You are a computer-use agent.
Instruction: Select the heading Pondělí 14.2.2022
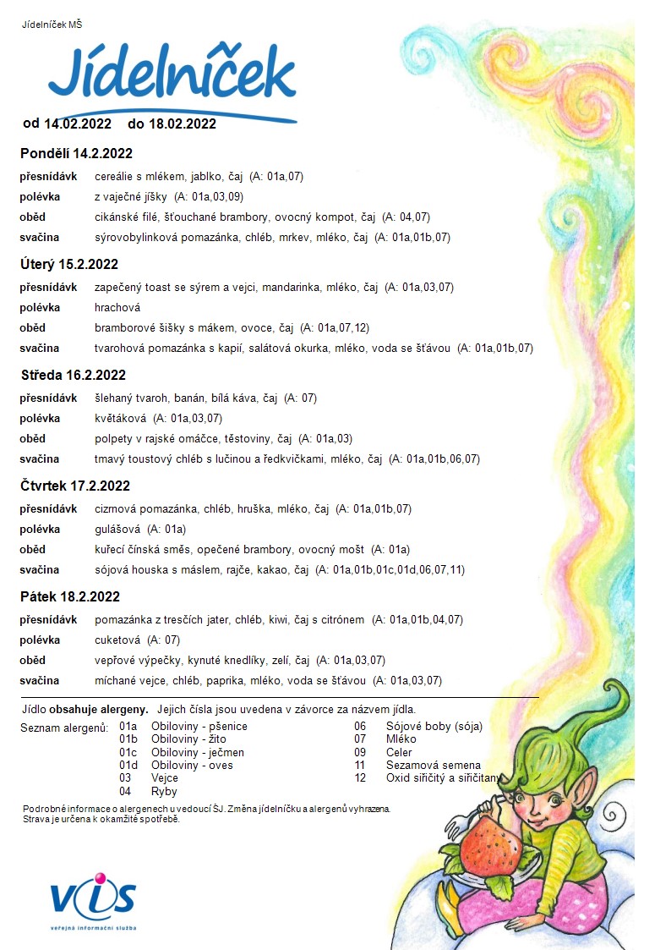coord(76,154)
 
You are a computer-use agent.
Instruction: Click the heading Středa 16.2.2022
coord(74,375)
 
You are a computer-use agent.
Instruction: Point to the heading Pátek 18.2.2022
coord(70,596)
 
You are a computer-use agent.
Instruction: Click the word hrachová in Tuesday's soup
coord(117,308)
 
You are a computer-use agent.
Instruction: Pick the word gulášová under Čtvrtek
coord(118,530)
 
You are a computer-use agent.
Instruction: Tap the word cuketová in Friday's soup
coord(118,640)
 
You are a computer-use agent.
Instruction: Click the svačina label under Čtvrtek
coord(40,569)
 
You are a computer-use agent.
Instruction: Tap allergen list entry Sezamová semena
coord(433,765)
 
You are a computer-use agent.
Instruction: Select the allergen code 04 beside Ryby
coord(125,791)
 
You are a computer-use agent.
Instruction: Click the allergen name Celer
coord(400,752)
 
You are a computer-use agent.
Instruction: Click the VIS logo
coord(93,899)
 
